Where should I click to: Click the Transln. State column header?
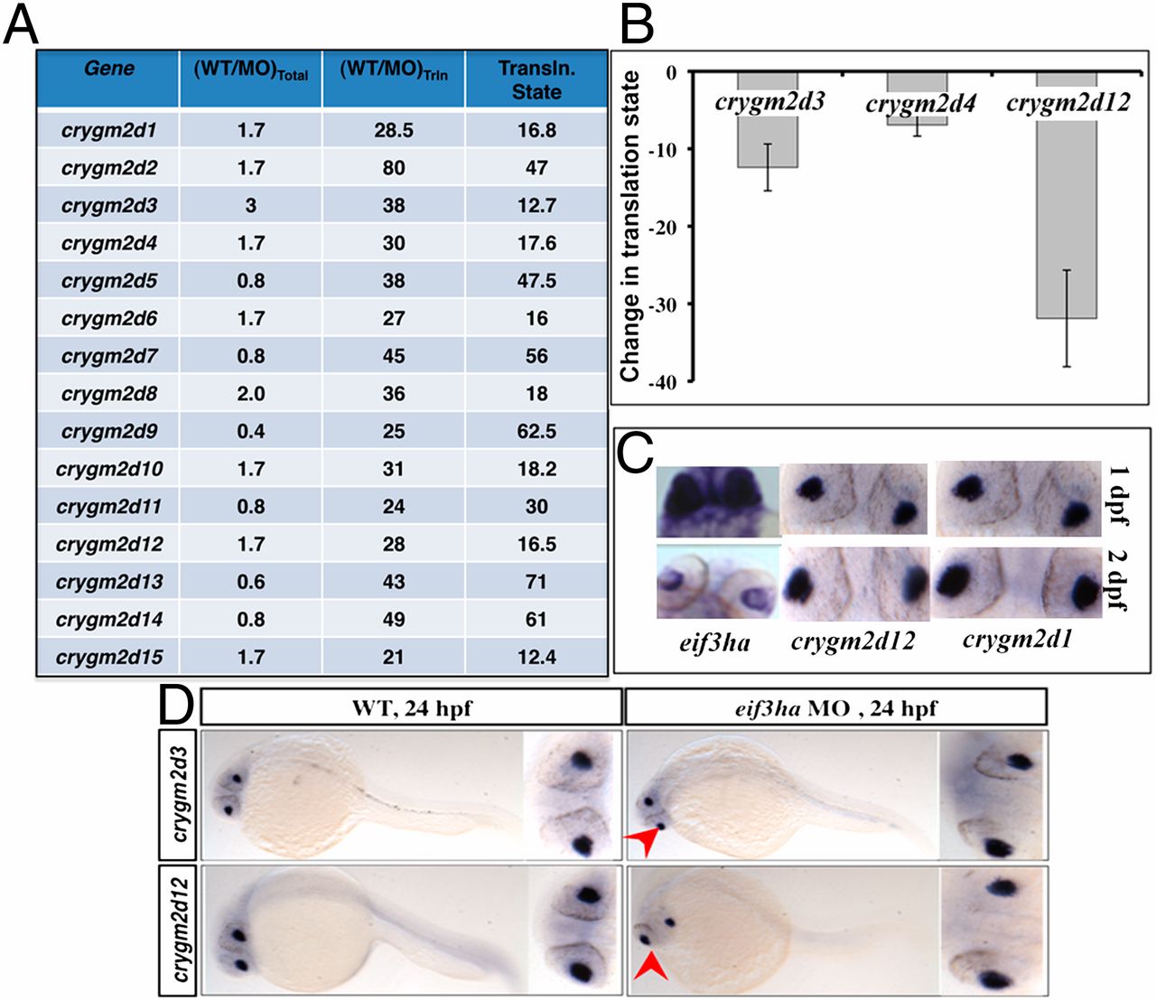point(536,80)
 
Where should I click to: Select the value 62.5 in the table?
point(536,431)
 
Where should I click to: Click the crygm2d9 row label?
point(108,431)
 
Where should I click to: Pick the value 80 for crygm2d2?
point(394,168)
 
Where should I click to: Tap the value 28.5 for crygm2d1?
point(394,130)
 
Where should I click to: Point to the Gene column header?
point(108,69)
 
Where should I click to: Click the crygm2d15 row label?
point(108,657)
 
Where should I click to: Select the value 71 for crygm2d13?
point(536,582)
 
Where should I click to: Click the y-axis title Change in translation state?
point(630,226)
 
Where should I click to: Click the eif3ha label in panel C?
point(714,643)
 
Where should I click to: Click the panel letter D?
point(176,706)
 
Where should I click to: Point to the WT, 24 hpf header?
point(411,708)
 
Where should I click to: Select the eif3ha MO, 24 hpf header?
point(835,708)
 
